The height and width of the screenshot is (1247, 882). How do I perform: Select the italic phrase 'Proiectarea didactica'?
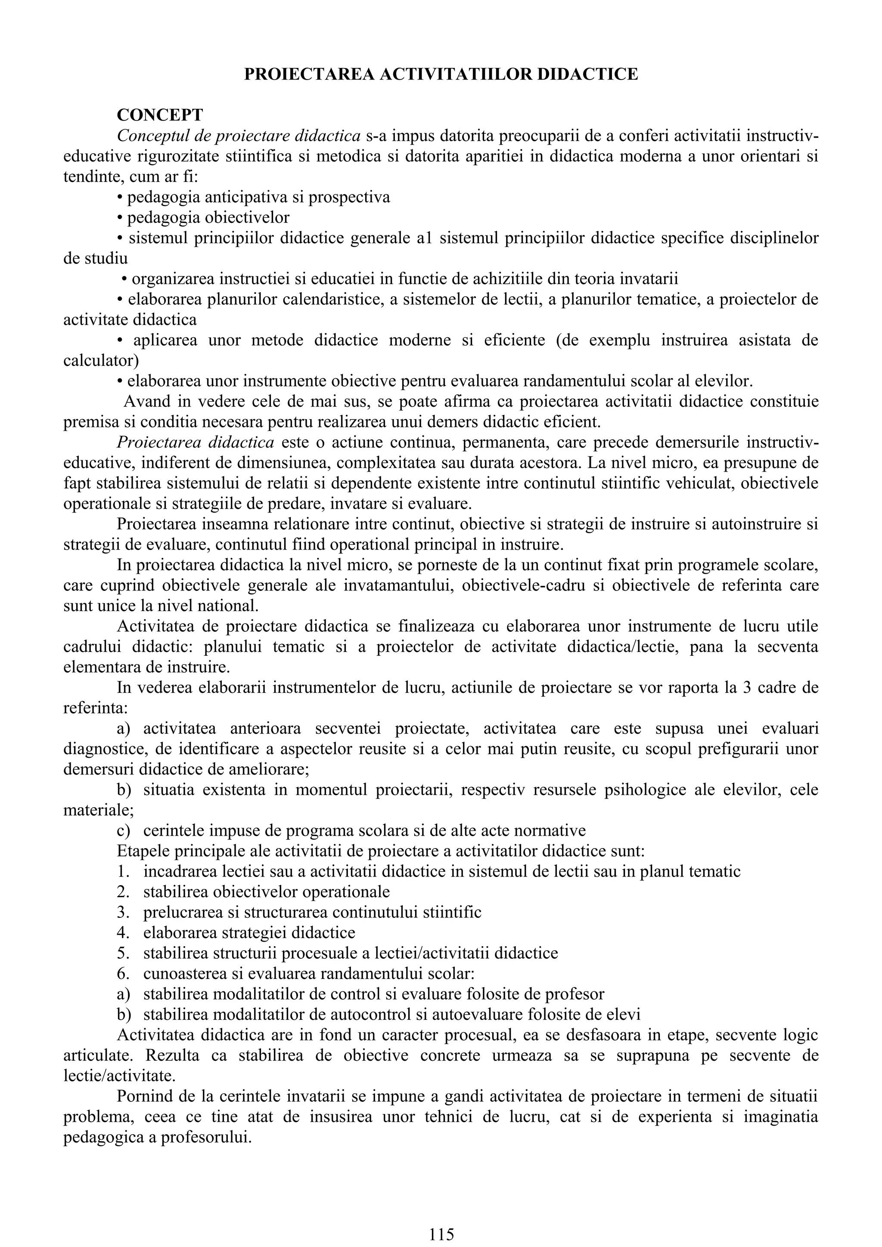195,443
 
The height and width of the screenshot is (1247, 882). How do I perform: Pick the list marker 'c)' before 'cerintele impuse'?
123,830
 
